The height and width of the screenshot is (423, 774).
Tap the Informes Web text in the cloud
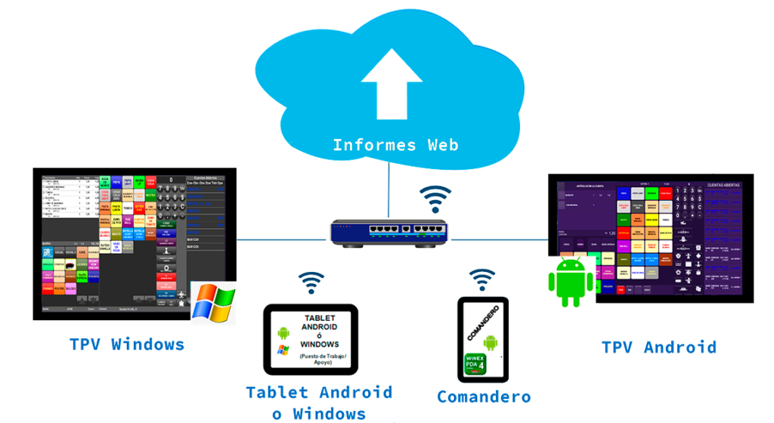[395, 144]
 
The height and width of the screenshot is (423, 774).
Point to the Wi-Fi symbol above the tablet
[310, 282]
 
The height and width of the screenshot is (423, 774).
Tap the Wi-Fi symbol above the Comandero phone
[482, 279]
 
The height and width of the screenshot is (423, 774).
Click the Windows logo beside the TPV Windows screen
[212, 304]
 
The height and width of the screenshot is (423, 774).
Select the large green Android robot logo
[571, 283]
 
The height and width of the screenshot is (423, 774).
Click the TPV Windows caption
[126, 345]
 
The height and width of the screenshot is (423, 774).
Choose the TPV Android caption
[658, 347]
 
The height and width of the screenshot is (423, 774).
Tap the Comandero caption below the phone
[484, 397]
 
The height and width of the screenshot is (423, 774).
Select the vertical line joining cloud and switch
[389, 189]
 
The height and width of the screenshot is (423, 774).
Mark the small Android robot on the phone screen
[491, 344]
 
